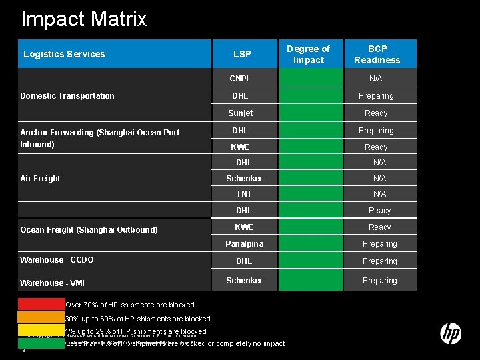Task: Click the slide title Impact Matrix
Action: [84, 19]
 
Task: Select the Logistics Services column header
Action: [64, 54]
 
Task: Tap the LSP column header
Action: [242, 54]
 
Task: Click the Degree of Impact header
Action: [308, 54]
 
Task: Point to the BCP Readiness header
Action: [377, 54]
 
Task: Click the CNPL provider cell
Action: [240, 79]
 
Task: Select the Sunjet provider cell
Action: [240, 113]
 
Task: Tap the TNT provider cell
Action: [244, 194]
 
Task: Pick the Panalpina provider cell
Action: [244, 244]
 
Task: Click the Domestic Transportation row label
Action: [67, 96]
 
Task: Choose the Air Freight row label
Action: [40, 179]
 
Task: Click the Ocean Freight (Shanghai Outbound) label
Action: [89, 230]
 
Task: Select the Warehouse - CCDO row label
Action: [57, 260]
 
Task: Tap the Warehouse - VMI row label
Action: [53, 283]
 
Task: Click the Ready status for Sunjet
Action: [376, 113]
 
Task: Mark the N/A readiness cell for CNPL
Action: [377, 79]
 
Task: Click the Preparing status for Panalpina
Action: [379, 244]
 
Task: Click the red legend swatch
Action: [41, 305]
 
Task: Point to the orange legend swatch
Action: [41, 317]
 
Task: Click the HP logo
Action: [451, 333]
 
